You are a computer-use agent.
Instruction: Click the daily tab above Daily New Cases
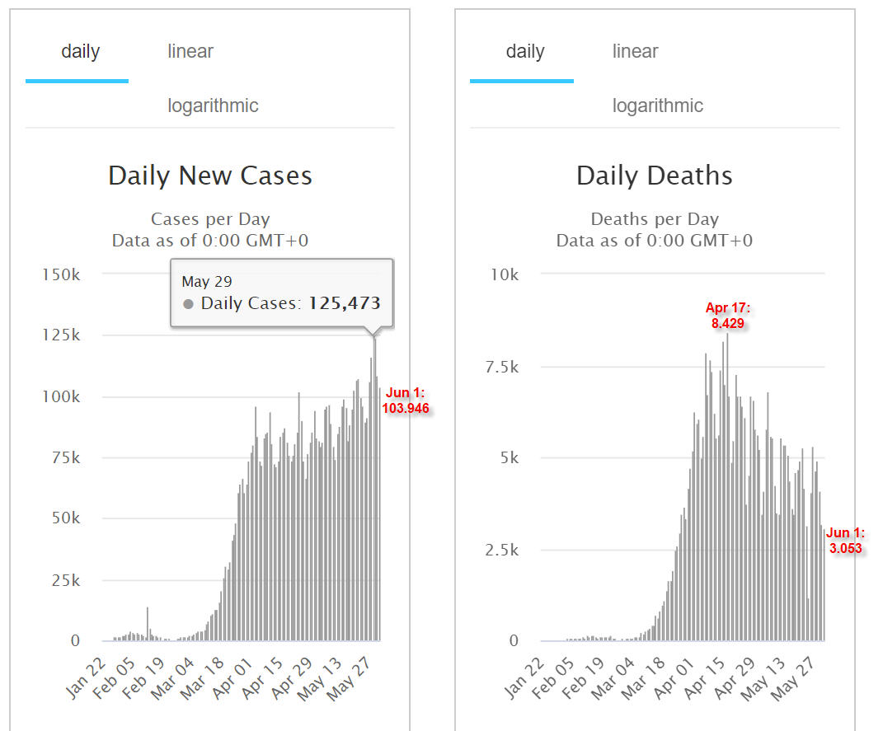80,51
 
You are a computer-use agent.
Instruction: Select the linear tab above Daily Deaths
635,51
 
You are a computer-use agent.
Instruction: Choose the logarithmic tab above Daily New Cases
213,105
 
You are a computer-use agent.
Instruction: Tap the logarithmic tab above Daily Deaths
658,105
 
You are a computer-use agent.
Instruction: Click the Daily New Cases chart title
210,176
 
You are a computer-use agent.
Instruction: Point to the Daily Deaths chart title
655,176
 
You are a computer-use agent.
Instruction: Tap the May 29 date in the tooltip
207,281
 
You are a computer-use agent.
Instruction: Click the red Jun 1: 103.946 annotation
406,400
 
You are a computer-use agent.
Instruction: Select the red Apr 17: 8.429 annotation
727,315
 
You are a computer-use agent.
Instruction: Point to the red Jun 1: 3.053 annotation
845,541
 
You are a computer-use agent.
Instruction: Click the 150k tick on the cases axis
61,274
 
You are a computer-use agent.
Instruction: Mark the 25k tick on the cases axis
66,580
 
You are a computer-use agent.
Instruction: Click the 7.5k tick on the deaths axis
502,367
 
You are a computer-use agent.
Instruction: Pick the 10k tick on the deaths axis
505,274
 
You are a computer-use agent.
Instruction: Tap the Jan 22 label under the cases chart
86,678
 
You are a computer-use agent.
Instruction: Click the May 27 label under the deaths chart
792,679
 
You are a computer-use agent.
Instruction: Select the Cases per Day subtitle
210,219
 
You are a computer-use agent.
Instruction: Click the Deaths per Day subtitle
655,219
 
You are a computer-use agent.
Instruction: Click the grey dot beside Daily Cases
188,304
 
